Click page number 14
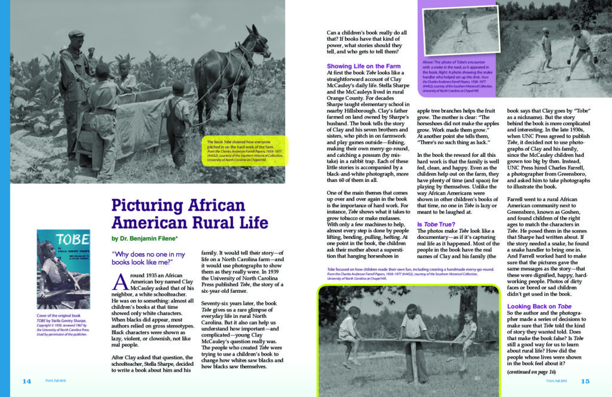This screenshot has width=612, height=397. [x=26, y=381]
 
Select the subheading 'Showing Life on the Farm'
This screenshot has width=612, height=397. [x=363, y=66]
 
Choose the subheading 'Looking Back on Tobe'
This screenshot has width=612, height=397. [x=535, y=306]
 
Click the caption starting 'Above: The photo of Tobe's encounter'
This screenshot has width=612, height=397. [x=458, y=77]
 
